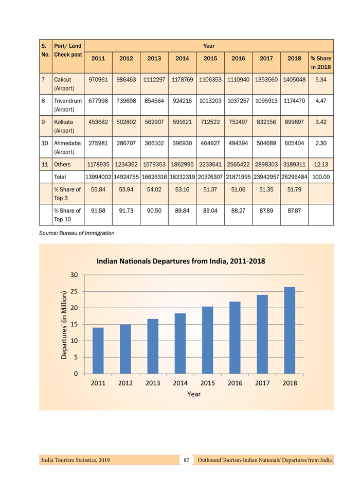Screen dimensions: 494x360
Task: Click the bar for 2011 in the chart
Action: tap(98, 350)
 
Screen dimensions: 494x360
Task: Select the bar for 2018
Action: tap(290, 330)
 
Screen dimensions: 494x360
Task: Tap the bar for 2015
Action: tap(207, 340)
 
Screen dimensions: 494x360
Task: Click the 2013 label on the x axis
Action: tap(153, 383)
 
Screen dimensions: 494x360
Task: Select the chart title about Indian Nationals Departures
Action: tap(181, 261)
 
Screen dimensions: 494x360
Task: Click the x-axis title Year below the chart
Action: tap(193, 394)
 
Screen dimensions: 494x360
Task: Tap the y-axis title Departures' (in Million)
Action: tap(64, 325)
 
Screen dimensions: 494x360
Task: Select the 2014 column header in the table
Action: tap(182, 58)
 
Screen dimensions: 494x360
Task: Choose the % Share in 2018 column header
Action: tap(321, 63)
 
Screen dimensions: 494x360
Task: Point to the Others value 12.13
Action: tap(321, 165)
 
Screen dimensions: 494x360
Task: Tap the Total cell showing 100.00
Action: tap(321, 177)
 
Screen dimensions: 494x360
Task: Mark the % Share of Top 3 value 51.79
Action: tap(294, 189)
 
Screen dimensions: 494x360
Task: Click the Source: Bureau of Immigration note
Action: tap(77, 233)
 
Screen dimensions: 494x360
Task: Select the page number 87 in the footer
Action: tap(187, 460)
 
